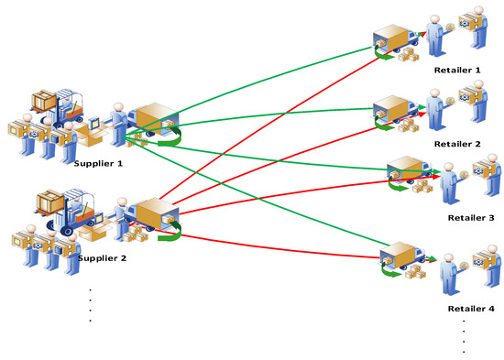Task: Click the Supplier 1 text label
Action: (x=99, y=162)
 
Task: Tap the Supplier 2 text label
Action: (x=103, y=258)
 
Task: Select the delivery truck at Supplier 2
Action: (x=150, y=218)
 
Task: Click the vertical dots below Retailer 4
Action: (x=465, y=336)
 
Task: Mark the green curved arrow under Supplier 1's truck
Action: (x=167, y=140)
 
